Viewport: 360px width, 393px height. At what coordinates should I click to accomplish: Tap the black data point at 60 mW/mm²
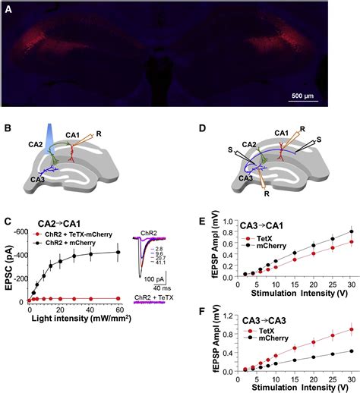118,253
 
